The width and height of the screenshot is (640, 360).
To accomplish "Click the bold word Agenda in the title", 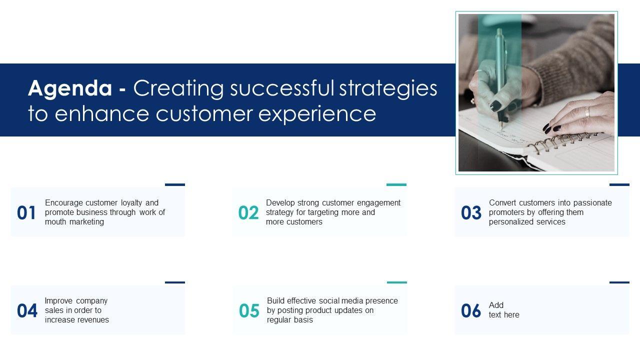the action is (70, 89).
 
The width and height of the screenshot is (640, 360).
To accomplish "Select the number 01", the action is (26, 213).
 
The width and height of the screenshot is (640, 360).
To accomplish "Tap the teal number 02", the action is (248, 213).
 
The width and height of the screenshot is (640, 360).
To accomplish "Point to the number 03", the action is (471, 213).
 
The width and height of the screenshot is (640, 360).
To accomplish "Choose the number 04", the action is (27, 310).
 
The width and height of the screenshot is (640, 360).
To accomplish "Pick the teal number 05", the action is (249, 310).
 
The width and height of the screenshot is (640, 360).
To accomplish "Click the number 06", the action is (471, 310).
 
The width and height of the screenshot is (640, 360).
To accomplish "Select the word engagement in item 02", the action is (378, 203).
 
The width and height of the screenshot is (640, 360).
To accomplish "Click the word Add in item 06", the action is (496, 305).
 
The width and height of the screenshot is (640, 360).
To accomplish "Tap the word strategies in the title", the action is (388, 89).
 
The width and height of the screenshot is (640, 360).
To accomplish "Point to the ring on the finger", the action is (587, 111).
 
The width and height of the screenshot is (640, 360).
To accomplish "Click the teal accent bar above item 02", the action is (396, 184).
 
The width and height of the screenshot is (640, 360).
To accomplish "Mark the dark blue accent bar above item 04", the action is (175, 282).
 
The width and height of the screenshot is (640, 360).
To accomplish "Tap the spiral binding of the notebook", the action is (564, 141).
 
